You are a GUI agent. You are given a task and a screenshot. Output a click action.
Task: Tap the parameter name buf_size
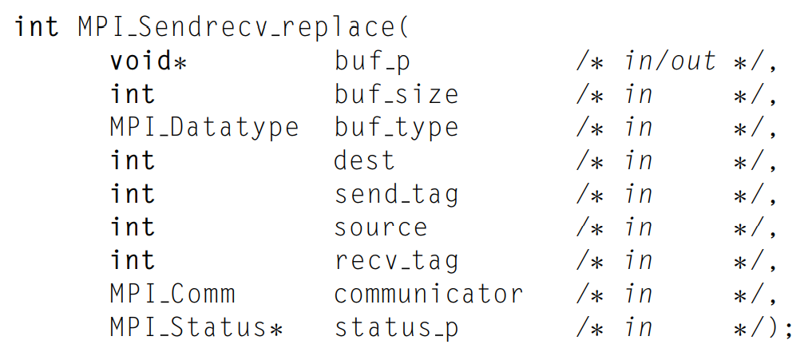tap(396, 95)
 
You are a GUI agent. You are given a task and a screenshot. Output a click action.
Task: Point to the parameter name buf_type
tap(396, 129)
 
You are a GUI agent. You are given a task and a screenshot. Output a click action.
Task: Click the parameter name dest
tap(364, 161)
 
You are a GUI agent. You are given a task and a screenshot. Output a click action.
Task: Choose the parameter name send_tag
tap(396, 195)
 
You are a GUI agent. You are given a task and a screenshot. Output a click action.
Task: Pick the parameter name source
tap(380, 227)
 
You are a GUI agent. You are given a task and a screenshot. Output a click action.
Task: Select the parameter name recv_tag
tap(396, 261)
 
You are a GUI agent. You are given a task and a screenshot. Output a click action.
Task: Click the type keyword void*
tap(149, 61)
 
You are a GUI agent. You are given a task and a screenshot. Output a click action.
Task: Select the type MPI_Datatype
tap(204, 129)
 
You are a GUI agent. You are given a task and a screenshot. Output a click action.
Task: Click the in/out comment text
tap(670, 61)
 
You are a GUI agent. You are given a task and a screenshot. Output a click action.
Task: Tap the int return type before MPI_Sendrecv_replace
tap(37, 27)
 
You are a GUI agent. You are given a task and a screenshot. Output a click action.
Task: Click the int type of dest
tap(133, 161)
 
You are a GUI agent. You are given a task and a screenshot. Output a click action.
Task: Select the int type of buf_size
tap(133, 95)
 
